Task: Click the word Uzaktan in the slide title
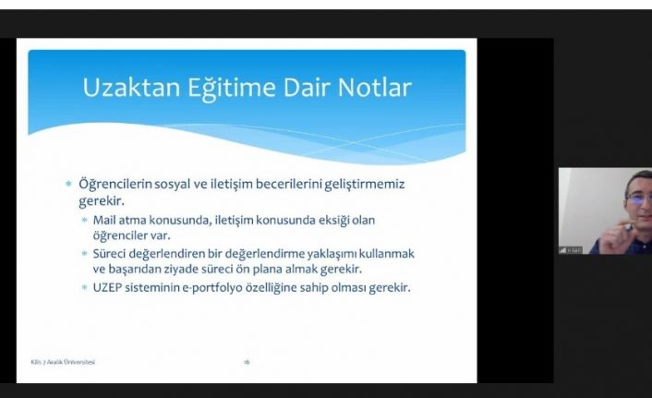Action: (125, 89)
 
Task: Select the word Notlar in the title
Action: (373, 89)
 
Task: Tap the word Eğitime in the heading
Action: (219, 89)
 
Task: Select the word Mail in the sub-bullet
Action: (104, 220)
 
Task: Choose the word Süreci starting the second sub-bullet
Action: (111, 253)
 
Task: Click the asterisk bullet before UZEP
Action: (85, 287)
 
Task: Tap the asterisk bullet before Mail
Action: (85, 220)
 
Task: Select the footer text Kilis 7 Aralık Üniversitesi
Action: (58, 361)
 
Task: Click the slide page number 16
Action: (247, 361)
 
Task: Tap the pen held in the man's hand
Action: (627, 225)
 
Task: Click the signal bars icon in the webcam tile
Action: (562, 249)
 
